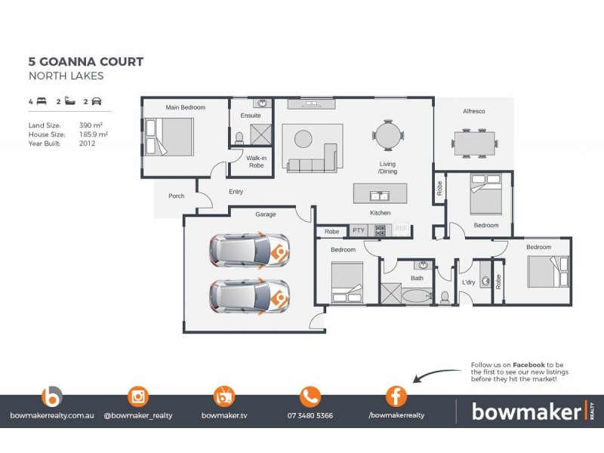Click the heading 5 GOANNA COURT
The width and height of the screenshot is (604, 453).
85,62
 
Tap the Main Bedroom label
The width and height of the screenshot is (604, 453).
186,108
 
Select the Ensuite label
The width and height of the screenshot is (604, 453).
251,116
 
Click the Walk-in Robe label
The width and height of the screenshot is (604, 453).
256,162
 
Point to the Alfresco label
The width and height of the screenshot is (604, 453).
473,112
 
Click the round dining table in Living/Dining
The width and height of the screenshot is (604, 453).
387,136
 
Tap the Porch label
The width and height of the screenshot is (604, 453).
176,196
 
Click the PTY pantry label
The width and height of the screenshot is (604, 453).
358,231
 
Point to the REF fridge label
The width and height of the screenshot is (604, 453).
401,230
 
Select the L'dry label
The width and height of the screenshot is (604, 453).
469,282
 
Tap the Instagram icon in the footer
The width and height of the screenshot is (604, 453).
138,396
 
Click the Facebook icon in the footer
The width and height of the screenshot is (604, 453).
396,396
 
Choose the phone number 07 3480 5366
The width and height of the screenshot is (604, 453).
310,415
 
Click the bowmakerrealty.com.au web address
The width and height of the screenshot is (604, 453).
51,415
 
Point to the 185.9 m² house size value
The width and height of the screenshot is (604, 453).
94,134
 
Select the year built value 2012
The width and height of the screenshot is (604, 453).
87,143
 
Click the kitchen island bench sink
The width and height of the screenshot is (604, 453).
380,196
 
